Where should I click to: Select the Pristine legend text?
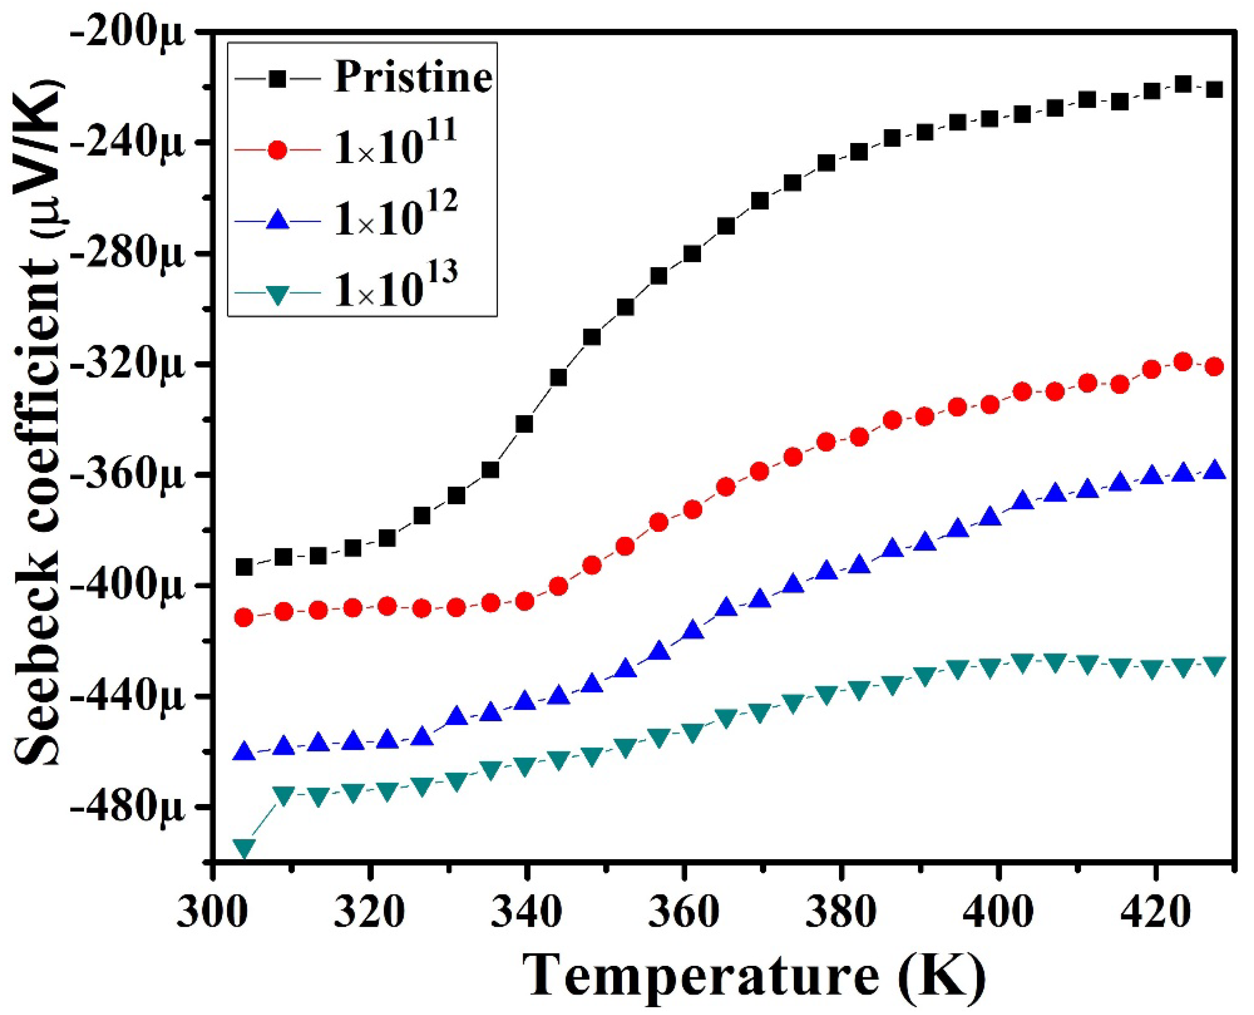413,77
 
